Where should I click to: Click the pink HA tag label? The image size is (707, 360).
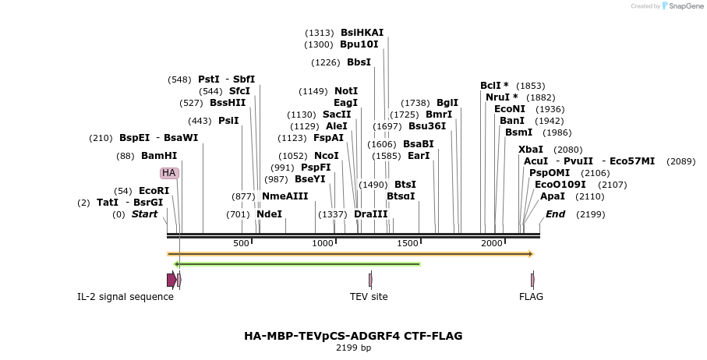[169, 172]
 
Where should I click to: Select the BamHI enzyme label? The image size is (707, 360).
[159, 156]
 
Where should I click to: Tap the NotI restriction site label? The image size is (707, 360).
[346, 91]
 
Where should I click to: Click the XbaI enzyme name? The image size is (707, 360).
[531, 150]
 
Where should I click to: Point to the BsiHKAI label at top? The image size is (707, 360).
[362, 33]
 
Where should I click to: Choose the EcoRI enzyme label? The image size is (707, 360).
[154, 191]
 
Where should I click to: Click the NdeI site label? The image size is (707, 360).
[269, 214]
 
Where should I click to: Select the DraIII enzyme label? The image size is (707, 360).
[370, 214]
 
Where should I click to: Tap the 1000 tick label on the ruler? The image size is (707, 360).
[323, 244]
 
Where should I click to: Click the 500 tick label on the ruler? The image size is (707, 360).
[241, 244]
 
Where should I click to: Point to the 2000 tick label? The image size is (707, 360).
[492, 244]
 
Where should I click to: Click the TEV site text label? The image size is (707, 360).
[369, 297]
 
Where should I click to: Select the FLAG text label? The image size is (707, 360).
[531, 297]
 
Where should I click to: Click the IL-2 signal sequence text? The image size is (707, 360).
[125, 297]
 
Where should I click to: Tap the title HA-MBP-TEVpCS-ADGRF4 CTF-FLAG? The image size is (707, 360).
[353, 336]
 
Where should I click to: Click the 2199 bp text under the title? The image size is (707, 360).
[353, 348]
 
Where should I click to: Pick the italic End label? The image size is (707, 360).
[555, 214]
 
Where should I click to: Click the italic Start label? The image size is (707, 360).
[144, 214]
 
